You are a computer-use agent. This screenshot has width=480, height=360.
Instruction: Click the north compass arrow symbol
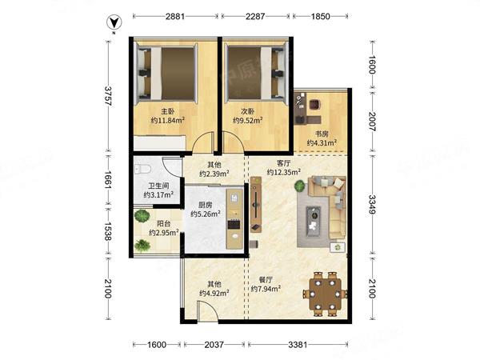(x=114, y=22)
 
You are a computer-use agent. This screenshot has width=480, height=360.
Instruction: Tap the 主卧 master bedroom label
(x=168, y=111)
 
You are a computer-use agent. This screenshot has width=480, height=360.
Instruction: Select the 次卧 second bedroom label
(x=247, y=111)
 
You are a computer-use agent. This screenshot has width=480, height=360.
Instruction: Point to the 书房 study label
(x=322, y=134)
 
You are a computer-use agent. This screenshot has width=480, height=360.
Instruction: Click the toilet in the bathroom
(x=143, y=169)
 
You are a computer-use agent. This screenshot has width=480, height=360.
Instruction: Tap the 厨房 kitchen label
(x=206, y=205)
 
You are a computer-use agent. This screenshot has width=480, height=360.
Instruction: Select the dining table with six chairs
(x=325, y=294)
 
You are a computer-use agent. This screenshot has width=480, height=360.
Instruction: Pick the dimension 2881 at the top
(x=175, y=16)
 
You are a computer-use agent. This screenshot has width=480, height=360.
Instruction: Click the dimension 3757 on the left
(x=108, y=96)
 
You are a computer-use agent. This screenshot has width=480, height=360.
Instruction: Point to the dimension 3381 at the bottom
(x=298, y=345)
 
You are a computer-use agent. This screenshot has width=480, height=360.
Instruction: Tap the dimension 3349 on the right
(x=372, y=205)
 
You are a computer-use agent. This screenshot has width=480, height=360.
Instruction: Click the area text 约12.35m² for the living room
(x=283, y=172)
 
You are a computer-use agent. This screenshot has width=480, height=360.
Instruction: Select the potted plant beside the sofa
(x=300, y=186)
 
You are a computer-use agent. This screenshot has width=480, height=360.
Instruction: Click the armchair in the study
(x=314, y=105)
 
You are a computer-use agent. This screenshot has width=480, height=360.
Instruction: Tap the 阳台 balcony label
(x=164, y=224)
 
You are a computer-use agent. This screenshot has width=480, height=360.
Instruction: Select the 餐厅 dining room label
(x=266, y=279)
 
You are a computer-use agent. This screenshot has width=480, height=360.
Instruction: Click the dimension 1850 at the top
(x=321, y=16)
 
